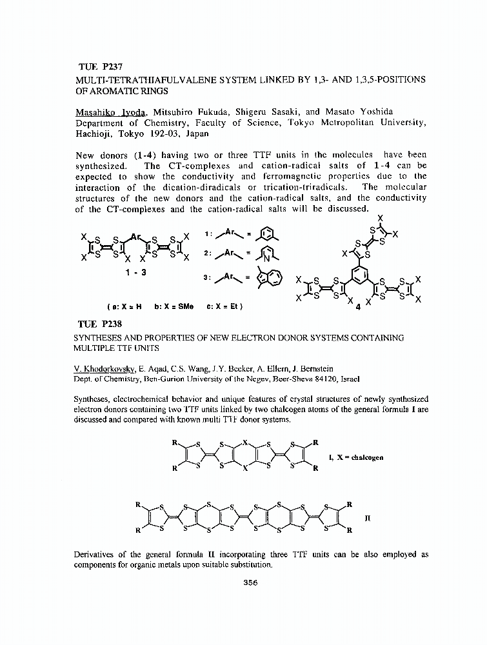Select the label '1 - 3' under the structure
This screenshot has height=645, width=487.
[136, 272]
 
